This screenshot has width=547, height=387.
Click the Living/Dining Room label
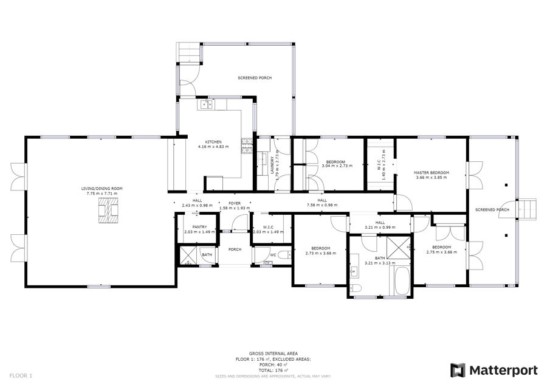(x=102, y=189)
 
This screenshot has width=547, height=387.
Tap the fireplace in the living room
(x=109, y=211)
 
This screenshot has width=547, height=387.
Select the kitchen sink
(x=205, y=104)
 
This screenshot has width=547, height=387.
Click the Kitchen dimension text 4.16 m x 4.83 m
(x=213, y=147)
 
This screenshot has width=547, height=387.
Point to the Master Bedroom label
(x=431, y=173)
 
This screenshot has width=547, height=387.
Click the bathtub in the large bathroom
(x=402, y=281)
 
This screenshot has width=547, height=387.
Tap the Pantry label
(x=199, y=227)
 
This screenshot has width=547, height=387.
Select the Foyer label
(x=235, y=203)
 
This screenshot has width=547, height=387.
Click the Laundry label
(x=272, y=166)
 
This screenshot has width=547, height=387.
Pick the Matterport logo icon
(x=458, y=370)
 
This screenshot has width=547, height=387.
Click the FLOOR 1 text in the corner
(x=21, y=376)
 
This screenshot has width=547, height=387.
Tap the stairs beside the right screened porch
(x=526, y=209)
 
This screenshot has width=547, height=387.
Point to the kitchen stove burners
(x=247, y=146)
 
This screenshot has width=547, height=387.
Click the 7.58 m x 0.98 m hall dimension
(x=322, y=205)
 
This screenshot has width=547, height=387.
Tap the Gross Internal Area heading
(x=273, y=354)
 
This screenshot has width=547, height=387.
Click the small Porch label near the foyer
(x=235, y=249)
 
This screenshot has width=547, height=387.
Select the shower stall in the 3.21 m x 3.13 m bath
(x=399, y=248)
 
